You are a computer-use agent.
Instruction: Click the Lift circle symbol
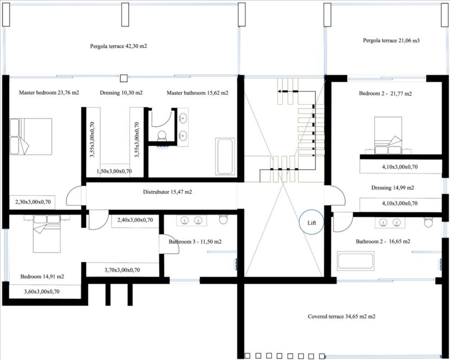pyautogui.click(x=312, y=223)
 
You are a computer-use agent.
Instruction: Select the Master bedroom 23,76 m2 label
pyautogui.click(x=49, y=93)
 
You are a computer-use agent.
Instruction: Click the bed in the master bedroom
pyautogui.click(x=31, y=136)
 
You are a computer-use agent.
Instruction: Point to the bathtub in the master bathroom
pyautogui.click(x=225, y=156)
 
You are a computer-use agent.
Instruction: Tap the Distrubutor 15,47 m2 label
pyautogui.click(x=168, y=192)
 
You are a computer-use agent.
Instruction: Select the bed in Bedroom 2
pyautogui.click(x=388, y=135)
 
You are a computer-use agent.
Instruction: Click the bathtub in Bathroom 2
pyautogui.click(x=355, y=261)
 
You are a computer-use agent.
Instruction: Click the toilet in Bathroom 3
pyautogui.click(x=223, y=219)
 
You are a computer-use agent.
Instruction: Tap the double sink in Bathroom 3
pyautogui.click(x=191, y=221)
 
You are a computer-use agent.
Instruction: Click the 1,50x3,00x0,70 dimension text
pyautogui.click(x=114, y=171)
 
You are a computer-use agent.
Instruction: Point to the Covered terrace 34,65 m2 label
pyautogui.click(x=342, y=317)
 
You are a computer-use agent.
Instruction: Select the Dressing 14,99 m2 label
pyautogui.click(x=393, y=188)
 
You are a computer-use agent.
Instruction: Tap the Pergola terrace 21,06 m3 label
pyautogui.click(x=391, y=40)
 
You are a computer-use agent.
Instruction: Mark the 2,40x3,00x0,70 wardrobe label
pyautogui.click(x=135, y=220)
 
